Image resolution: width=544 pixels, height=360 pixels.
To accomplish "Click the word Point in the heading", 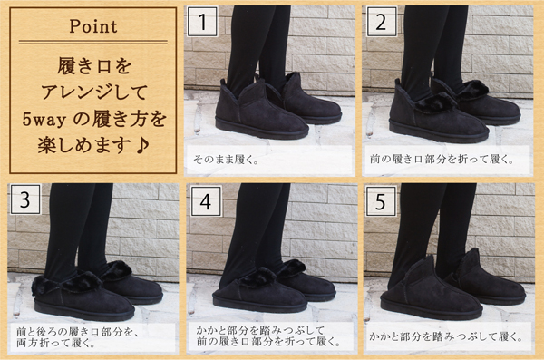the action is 93,26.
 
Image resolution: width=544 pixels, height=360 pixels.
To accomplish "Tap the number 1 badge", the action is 202,22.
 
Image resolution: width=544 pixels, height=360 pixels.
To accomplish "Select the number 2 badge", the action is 382,22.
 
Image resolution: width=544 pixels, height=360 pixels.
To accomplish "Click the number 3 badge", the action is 25,199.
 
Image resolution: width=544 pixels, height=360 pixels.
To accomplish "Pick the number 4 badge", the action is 206,201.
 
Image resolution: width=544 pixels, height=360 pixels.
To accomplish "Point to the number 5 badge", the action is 381,201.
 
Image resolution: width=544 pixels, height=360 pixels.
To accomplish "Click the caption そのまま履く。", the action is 226,160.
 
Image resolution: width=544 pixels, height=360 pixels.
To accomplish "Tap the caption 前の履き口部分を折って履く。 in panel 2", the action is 442,160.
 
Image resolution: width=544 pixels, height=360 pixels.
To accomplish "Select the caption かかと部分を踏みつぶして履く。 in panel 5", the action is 445,336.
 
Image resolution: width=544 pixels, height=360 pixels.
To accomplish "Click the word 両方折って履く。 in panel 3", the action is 55,344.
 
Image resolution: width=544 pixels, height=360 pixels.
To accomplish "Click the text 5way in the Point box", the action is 44,120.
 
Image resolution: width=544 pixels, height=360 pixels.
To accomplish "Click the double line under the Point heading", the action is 93,42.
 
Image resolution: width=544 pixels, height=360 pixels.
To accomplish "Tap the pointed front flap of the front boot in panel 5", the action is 423,269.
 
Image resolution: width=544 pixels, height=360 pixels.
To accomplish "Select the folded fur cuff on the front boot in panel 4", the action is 257,277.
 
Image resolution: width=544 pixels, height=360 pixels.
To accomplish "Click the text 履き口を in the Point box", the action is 94,66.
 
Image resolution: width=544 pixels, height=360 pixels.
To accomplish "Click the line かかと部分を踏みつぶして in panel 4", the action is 260,330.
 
